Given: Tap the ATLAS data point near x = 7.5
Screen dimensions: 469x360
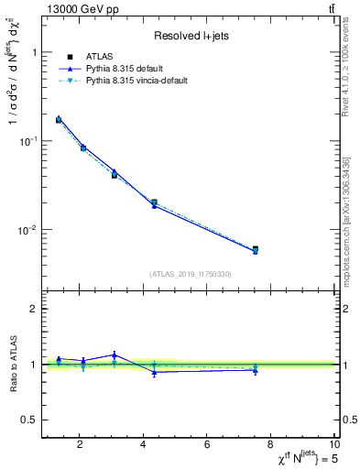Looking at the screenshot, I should (x=256, y=249).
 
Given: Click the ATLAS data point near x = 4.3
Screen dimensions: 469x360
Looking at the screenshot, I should (x=154, y=202).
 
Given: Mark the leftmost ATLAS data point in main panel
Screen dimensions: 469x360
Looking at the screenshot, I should (x=59, y=120).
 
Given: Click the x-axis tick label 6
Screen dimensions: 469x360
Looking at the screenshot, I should (x=207, y=446).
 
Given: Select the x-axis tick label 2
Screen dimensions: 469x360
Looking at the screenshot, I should (x=80, y=446).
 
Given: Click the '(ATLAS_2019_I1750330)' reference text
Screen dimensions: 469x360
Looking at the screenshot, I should (x=191, y=273).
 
